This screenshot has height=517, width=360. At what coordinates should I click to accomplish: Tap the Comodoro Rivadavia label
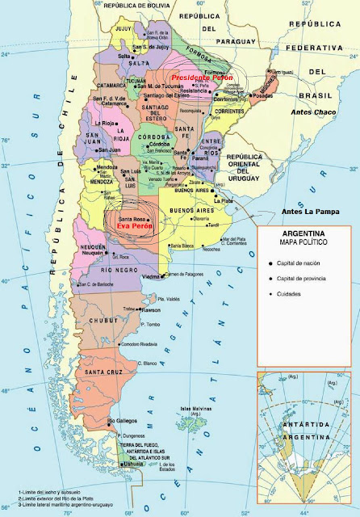click(x=138, y=345)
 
